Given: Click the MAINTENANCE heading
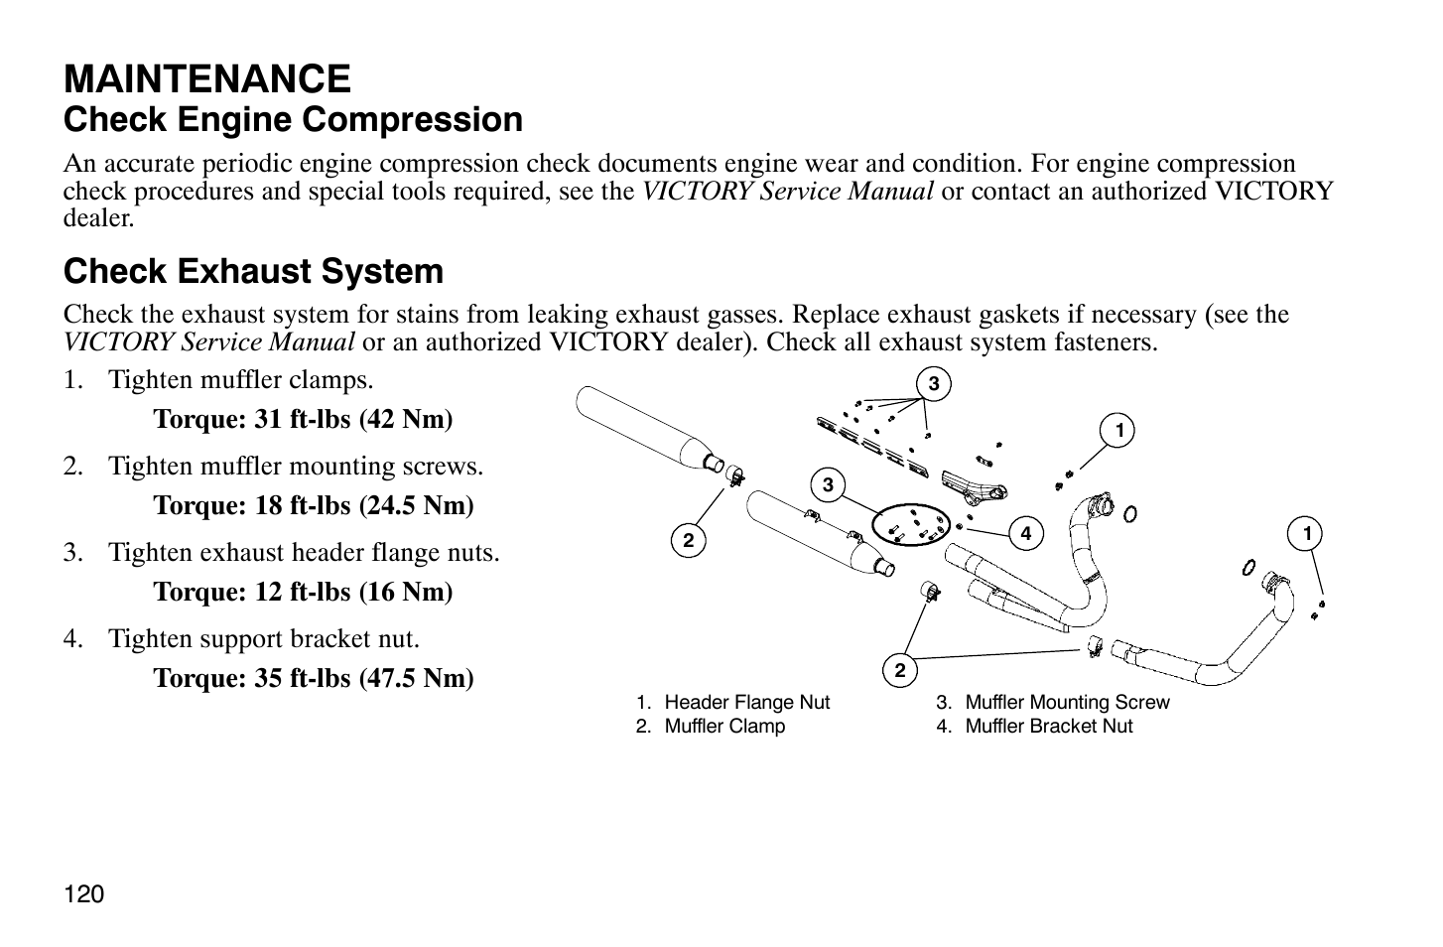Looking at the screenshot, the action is point(206,79).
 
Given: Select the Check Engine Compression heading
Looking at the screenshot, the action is point(293,120).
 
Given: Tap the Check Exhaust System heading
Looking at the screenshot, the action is point(253,271).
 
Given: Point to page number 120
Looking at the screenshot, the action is point(83,894).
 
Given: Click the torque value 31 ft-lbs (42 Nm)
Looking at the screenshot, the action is point(303,419).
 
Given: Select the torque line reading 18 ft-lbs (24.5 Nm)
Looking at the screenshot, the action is point(313,505).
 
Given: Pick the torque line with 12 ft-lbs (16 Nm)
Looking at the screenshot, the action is point(303,592).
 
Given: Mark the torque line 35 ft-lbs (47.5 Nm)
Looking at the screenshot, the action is point(313,678).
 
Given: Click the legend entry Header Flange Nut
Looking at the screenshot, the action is point(733,702).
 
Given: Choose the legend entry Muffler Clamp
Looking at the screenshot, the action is point(711,727).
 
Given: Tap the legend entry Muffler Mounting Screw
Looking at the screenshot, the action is point(1053,702).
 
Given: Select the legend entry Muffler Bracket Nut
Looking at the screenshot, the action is point(1034,727).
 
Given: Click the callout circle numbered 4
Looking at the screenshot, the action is point(1025,533).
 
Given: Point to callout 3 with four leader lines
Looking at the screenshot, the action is point(934,384).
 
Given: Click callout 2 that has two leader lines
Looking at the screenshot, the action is point(900,671).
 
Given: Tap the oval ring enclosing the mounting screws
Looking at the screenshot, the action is point(911,525).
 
